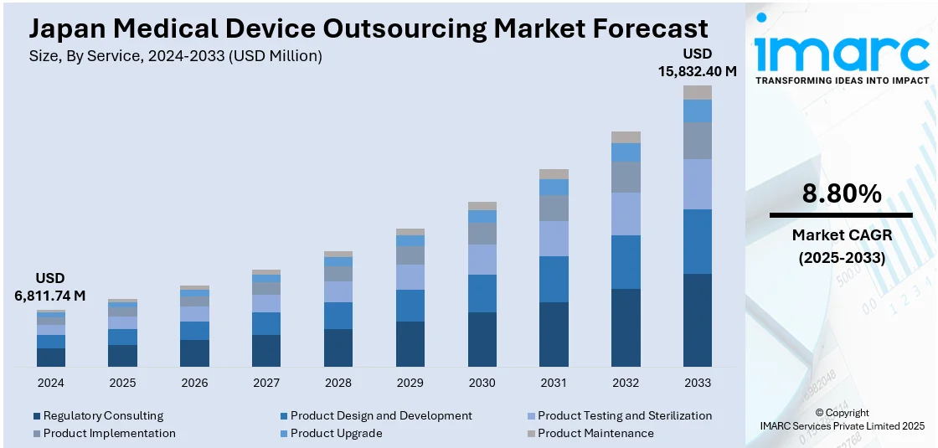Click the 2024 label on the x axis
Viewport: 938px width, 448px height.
click(50, 383)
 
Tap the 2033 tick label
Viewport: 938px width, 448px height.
click(697, 383)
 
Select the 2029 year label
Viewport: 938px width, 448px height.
click(410, 383)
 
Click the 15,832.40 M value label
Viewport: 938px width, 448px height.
click(697, 71)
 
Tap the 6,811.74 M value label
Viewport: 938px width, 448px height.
click(50, 296)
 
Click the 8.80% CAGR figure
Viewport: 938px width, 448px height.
click(842, 194)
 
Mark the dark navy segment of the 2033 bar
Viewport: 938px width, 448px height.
click(697, 320)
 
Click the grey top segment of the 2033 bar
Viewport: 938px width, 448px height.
click(697, 92)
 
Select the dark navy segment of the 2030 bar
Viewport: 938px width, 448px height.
click(482, 339)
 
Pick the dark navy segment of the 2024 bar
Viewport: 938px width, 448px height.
click(50, 358)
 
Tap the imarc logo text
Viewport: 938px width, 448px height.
click(842, 54)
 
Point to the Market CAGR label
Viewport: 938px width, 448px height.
click(842, 235)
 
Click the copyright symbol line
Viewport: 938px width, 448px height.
click(842, 413)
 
